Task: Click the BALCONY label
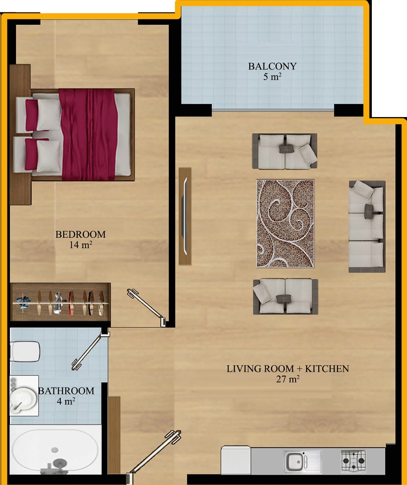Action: [272, 66]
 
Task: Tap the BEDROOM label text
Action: [81, 234]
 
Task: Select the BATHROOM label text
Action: [66, 391]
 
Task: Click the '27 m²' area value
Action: [288, 379]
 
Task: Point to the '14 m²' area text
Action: [81, 245]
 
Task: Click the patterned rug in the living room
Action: [286, 224]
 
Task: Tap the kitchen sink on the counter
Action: [303, 462]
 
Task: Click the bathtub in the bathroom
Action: [55, 450]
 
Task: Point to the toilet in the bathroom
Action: [25, 351]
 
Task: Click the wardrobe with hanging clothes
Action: [60, 302]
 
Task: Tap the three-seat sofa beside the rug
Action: [367, 226]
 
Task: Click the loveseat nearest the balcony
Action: [285, 151]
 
